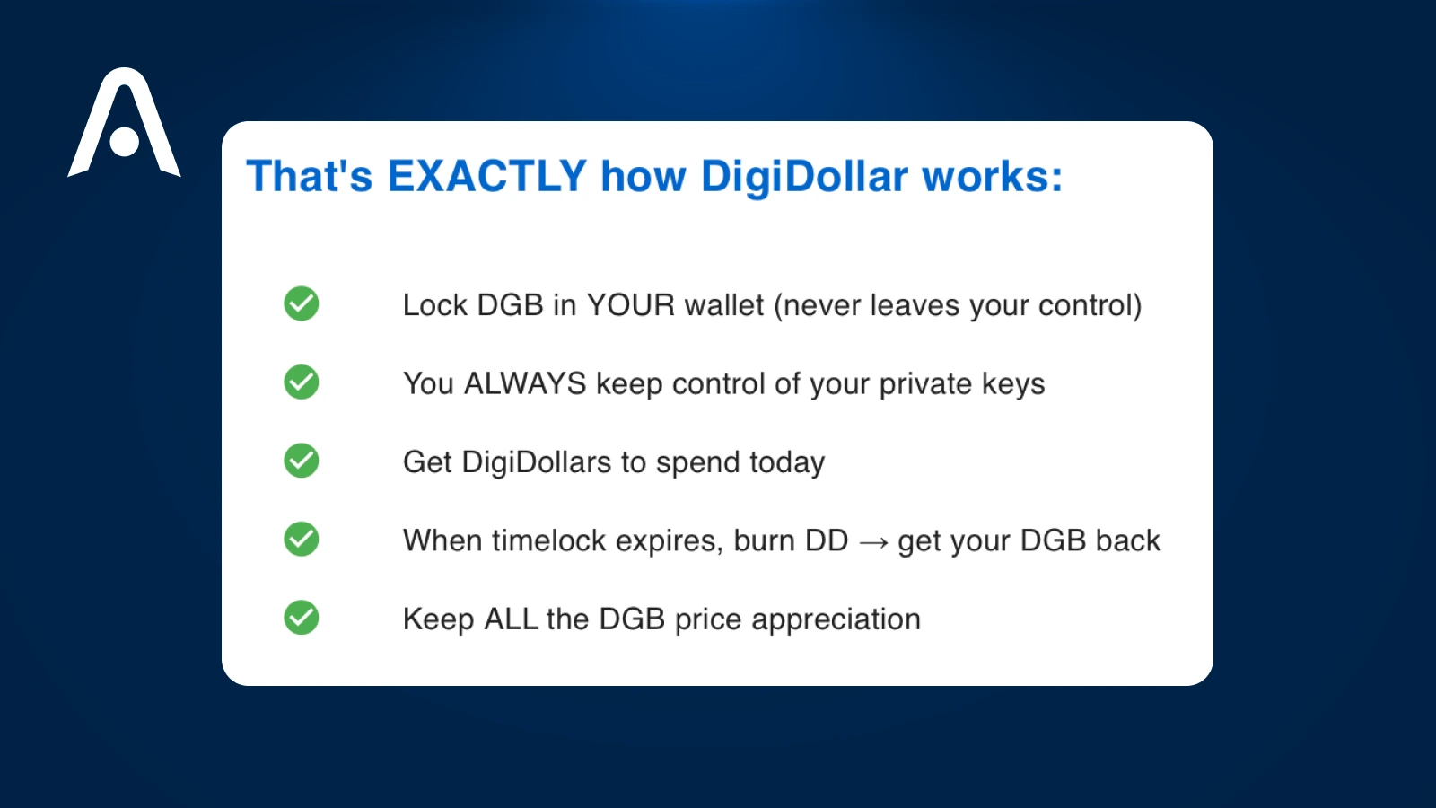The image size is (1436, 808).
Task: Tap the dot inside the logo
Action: pos(124,142)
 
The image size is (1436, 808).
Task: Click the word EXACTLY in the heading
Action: pos(486,176)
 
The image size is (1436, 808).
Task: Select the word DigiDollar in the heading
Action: pos(804,177)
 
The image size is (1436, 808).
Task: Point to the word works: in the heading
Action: pos(993,176)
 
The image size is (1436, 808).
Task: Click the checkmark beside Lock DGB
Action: pos(302,303)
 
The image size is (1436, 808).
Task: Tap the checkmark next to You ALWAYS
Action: pos(302,382)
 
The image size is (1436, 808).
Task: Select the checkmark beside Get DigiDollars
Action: pos(302,461)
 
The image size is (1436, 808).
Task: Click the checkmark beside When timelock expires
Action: pos(302,540)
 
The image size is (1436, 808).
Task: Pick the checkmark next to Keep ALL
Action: pos(302,618)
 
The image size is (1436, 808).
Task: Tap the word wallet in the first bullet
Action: pos(723,305)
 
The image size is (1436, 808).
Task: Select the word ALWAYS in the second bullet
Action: pos(525,383)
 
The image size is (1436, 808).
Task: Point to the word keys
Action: pos(1013,384)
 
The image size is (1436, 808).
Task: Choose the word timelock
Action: pos(549,540)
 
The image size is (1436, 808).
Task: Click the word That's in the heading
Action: pos(309,176)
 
